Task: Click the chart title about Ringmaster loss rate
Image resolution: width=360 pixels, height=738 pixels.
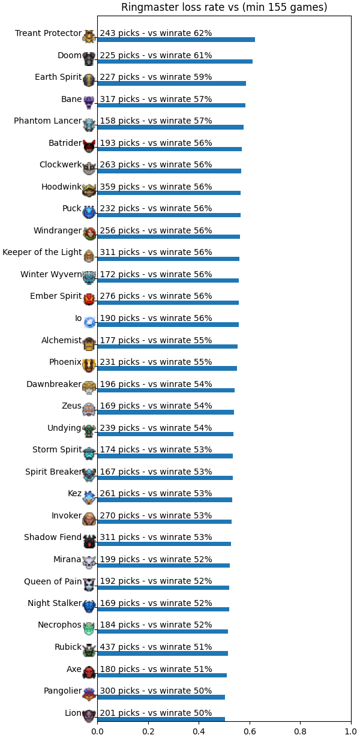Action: (x=224, y=7)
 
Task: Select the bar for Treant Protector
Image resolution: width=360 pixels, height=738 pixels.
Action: (x=176, y=40)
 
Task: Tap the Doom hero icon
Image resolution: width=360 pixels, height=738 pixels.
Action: (x=89, y=59)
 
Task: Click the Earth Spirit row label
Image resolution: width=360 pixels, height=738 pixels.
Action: (x=58, y=77)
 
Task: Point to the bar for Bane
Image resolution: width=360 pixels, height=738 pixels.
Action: (x=171, y=106)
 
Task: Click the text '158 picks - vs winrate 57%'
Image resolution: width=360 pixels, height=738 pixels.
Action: (x=156, y=121)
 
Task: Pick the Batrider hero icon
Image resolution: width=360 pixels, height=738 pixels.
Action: (x=89, y=146)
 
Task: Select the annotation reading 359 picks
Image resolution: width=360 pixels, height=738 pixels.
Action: (x=156, y=187)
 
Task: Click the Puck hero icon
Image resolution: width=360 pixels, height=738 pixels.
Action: (x=89, y=212)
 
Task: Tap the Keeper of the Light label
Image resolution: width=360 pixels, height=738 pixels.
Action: (x=42, y=253)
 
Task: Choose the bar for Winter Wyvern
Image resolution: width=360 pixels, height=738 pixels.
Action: (x=168, y=281)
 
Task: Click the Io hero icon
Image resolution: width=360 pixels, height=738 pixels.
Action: (x=89, y=322)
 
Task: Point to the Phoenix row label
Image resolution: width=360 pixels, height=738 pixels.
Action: (x=65, y=362)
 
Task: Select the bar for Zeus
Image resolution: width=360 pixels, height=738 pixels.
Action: (x=166, y=412)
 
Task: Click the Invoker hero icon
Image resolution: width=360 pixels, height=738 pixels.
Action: (x=89, y=519)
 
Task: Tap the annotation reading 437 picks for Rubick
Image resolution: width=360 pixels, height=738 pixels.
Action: (x=156, y=647)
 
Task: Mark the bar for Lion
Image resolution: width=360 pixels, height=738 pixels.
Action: (x=161, y=719)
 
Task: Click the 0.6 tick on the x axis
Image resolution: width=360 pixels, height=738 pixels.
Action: (x=250, y=732)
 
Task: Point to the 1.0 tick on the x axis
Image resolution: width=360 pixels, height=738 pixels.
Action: (x=351, y=732)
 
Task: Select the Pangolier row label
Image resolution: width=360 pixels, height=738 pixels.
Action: (x=62, y=691)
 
